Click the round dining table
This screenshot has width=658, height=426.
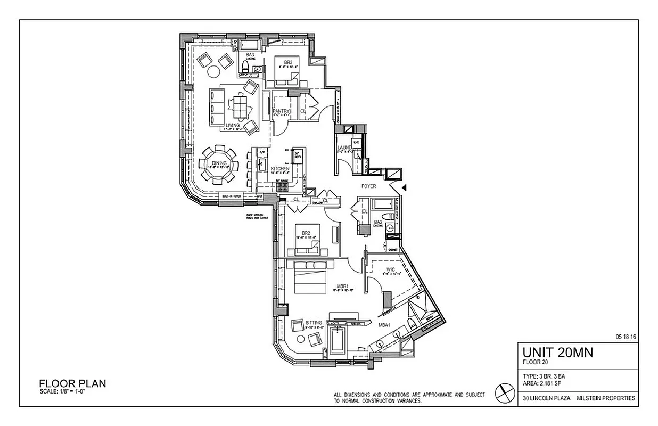coord(220,164)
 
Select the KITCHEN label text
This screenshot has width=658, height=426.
coord(279,169)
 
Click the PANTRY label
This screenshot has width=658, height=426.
coord(281,111)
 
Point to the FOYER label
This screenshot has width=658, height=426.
coord(368,186)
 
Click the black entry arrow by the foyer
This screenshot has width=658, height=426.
coord(404,187)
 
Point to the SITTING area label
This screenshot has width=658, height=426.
coord(314,323)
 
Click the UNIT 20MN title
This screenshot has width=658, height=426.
coord(557,352)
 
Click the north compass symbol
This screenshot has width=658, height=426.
coord(503,392)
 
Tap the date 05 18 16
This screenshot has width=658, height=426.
coord(626,337)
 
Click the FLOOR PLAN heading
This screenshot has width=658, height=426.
coord(72,383)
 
